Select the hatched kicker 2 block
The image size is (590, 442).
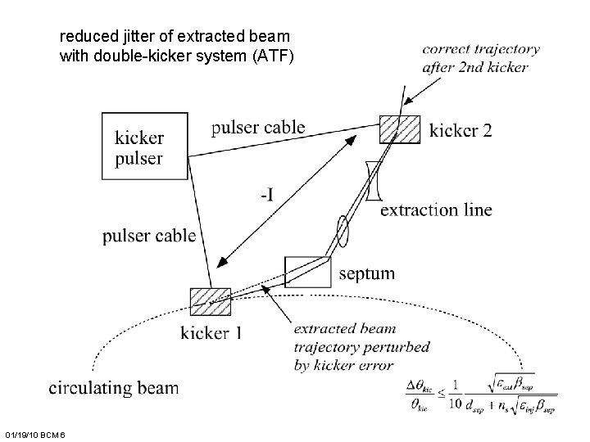[x=400, y=129]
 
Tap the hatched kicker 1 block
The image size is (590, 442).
[x=211, y=301]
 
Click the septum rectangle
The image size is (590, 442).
[x=307, y=271]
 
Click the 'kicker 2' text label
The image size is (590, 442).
[x=461, y=129]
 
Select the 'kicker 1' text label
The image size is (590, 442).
[x=211, y=332]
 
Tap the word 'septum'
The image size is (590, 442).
[x=366, y=273]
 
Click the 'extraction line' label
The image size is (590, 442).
[x=436, y=210]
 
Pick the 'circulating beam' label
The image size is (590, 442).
[x=114, y=387]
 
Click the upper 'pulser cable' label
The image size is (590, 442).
[x=257, y=127]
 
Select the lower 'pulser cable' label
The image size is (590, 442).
[x=149, y=237]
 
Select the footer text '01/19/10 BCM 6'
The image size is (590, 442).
[x=39, y=432]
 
